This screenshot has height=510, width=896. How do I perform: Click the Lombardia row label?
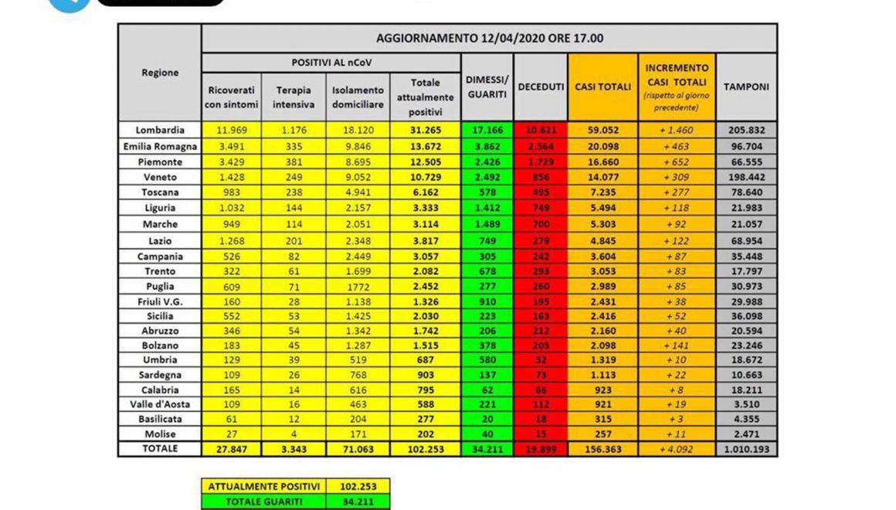point(160,130)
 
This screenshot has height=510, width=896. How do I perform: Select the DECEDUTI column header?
point(541,87)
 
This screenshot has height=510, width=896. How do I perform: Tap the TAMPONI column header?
point(745,87)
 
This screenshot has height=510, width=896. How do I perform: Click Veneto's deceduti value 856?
point(541,177)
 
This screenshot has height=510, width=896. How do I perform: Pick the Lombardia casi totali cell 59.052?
point(602,130)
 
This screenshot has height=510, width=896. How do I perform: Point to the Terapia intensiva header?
point(293,97)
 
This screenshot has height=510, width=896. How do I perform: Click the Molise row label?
point(160,433)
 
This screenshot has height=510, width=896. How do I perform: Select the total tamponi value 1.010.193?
point(745,449)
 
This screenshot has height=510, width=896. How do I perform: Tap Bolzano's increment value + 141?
point(677,345)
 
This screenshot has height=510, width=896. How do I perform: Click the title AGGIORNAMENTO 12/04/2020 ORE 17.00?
point(489,38)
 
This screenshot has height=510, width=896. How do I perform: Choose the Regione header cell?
point(160,73)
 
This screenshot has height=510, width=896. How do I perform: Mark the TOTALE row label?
point(160,448)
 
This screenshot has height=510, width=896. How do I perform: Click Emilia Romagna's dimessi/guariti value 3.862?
point(487,146)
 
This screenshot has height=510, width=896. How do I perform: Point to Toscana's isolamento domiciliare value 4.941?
point(357,192)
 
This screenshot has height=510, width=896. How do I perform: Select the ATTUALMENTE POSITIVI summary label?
point(263,487)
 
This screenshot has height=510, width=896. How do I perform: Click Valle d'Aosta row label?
point(160,403)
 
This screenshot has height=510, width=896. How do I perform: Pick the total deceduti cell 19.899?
point(541,449)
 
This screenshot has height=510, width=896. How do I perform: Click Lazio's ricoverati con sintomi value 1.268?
point(231,241)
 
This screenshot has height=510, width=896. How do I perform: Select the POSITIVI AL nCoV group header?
point(331,62)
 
